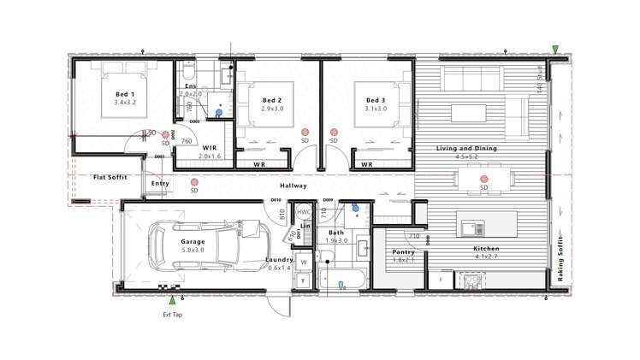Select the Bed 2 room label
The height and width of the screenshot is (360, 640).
coord(273,100)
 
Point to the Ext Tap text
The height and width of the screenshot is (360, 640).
coord(174,315)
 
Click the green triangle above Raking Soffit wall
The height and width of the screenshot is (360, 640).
coord(556,50)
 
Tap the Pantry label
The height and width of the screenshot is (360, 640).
coord(403,252)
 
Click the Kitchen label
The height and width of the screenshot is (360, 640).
coord(487,249)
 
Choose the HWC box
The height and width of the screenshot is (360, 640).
coord(304,212)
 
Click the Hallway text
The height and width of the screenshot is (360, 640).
coord(293,186)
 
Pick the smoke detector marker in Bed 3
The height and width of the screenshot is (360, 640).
coord(333,133)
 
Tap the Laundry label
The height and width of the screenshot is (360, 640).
coord(280,260)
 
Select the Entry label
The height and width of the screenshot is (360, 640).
coord(160,184)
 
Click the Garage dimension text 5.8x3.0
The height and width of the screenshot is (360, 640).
coord(193,250)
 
